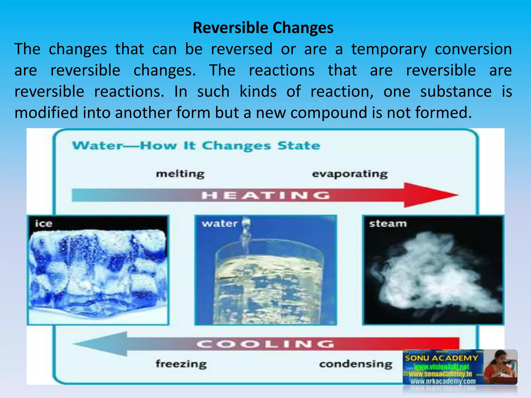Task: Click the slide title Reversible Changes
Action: pos(263,28)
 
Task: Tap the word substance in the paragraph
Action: pos(456,92)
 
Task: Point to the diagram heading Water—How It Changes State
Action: pos(196,146)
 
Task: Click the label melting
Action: pos(180,174)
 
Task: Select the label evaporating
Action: pos(350,174)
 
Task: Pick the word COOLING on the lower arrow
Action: pos(265,344)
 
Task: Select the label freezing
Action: pos(181,364)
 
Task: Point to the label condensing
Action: pos(356,364)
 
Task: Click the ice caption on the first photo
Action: pos(44,223)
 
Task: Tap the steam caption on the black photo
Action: pos(388,223)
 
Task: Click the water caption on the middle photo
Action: pos(220,223)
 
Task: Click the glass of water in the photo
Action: pos(267,282)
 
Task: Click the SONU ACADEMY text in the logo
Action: pos(441,358)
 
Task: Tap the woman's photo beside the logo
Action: pos(500,367)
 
